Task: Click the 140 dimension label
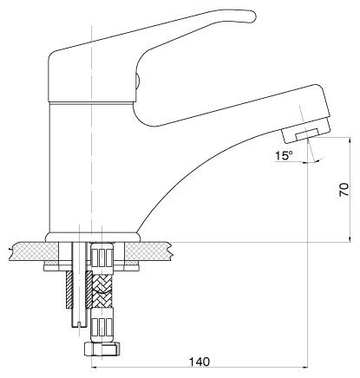pos(199,362)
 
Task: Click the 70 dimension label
pos(344,190)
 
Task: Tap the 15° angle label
pos(284,156)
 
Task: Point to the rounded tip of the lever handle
pos(254,16)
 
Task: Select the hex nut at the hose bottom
pos(101,349)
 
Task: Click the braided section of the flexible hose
pos(101,290)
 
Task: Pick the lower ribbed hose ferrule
pos(101,326)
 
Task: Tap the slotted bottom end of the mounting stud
pos(79,323)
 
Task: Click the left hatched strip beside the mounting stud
pos(69,290)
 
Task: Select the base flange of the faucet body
pos(93,237)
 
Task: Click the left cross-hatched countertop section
pos(35,251)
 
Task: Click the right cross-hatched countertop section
pos(147,251)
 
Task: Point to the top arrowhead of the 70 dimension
pos(350,140)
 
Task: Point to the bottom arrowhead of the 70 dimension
pos(350,238)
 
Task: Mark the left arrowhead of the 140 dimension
pos(95,368)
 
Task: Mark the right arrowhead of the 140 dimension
pos(304,368)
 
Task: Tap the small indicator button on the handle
pos(138,80)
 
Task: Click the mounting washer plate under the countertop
pos(92,268)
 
